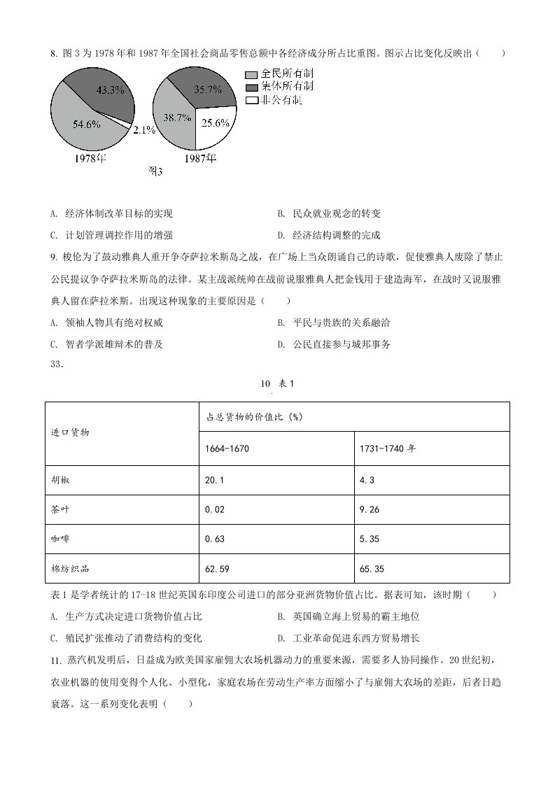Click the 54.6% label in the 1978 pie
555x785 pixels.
point(87,125)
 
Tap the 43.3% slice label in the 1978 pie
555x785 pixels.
point(110,90)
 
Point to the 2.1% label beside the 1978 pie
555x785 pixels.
point(143,130)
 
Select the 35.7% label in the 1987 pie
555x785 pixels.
point(208,90)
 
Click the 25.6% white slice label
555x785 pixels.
point(216,122)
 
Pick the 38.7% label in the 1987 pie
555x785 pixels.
point(177,118)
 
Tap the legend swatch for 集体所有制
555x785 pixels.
point(251,87)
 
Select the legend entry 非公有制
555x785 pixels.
point(280,100)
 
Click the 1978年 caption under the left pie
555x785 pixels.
point(91,158)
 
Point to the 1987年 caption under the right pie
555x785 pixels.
point(200,158)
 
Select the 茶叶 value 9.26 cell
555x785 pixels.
point(369,509)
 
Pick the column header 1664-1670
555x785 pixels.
point(227,448)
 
